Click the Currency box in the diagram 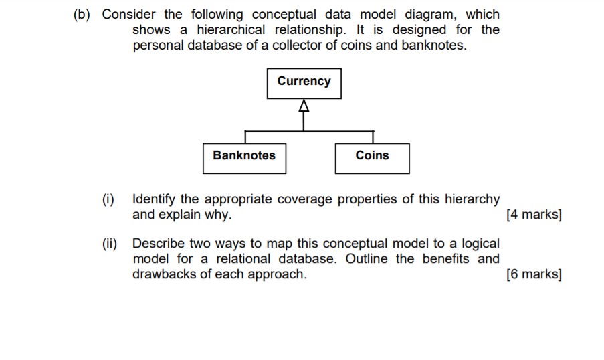[304, 82]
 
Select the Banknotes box [244, 157]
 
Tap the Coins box [372, 157]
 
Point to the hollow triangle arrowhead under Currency [304, 106]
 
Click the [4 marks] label [534, 215]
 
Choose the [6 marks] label [534, 274]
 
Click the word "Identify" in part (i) [156, 199]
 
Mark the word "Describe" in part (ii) [161, 244]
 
